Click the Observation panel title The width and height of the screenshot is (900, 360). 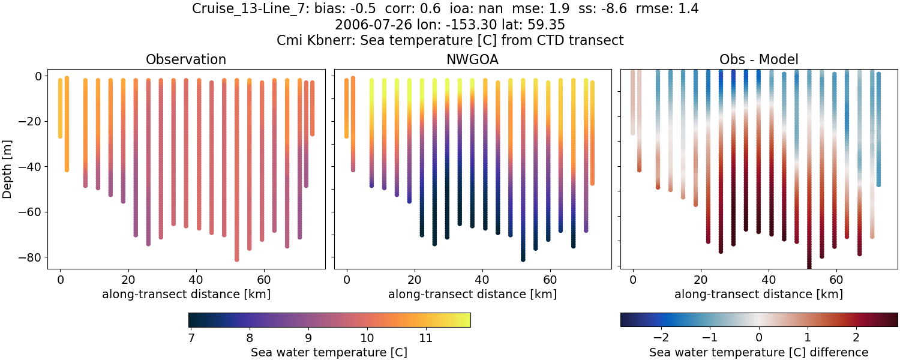point(186,59)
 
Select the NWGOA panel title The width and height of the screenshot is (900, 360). point(472,59)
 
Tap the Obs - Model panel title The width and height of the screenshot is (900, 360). point(758,59)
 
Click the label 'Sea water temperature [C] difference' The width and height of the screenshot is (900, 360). point(758,352)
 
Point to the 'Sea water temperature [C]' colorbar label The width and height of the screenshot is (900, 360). point(329,352)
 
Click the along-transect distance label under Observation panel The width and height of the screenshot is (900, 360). point(186,294)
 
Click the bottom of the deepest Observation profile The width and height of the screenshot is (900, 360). point(237,259)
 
